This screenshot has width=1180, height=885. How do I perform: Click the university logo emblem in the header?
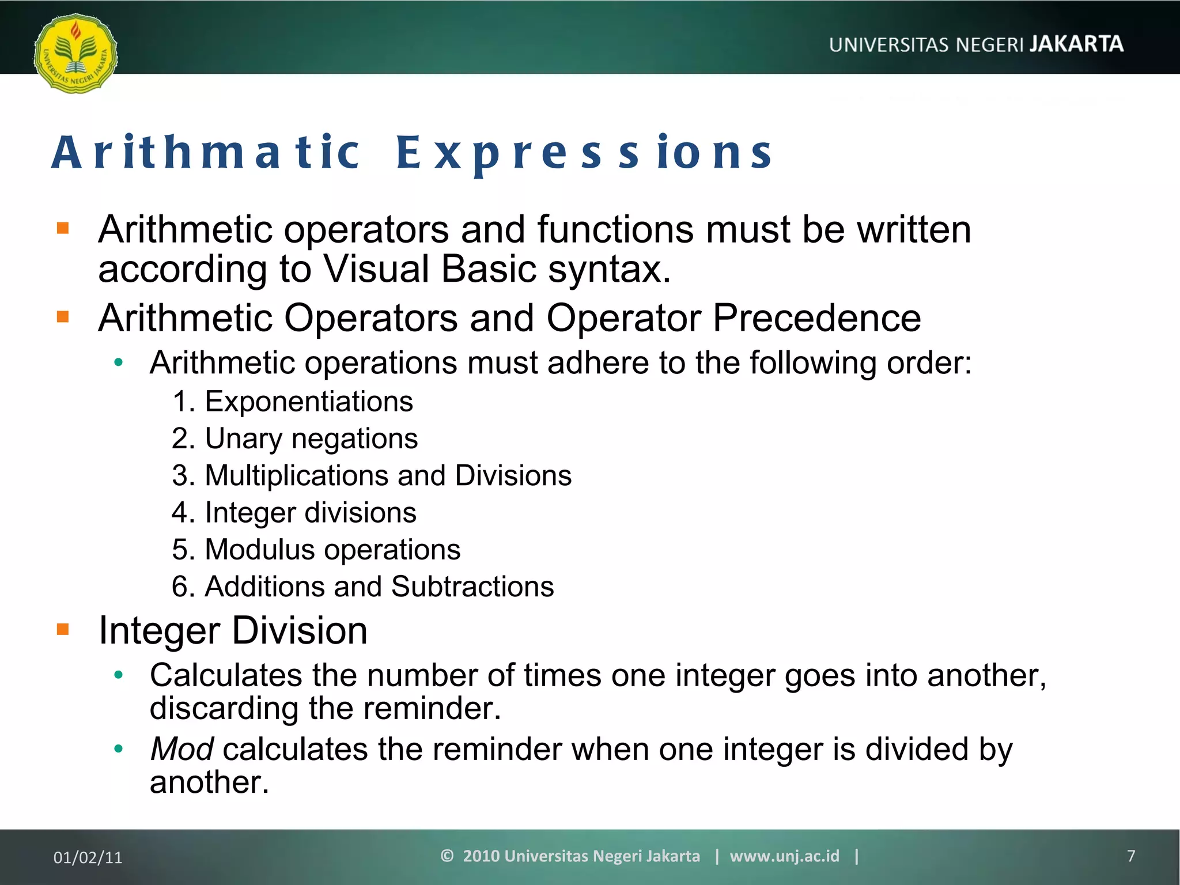pos(75,54)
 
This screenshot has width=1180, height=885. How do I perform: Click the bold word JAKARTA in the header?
pos(1076,44)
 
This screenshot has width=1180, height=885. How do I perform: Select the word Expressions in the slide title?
pos(584,153)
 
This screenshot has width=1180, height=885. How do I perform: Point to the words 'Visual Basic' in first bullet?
pos(430,269)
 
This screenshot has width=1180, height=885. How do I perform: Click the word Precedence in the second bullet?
pos(816,318)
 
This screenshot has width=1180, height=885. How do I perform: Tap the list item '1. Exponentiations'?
pos(293,402)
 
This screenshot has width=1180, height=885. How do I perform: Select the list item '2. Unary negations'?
pos(294,438)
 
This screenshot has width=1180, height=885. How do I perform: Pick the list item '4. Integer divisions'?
pos(294,513)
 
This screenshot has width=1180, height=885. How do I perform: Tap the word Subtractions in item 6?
pos(472,587)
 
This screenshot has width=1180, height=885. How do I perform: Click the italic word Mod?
pos(181,749)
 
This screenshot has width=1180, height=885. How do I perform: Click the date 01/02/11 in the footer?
pos(88,857)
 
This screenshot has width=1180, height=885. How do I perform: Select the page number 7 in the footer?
pos(1130,856)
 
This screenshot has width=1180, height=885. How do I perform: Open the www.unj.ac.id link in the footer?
pos(784,856)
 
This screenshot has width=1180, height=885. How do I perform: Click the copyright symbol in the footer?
pos(447,856)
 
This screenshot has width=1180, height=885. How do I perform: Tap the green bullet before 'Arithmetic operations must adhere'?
pos(119,362)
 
